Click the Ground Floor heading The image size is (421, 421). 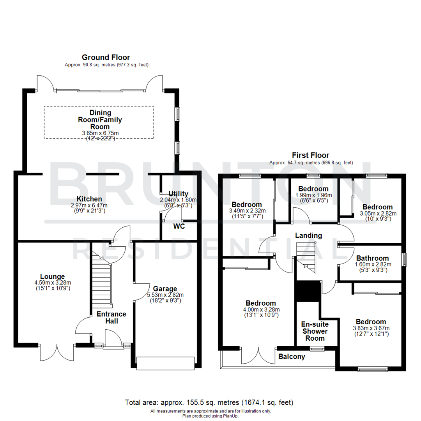106,57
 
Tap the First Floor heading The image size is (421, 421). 311,155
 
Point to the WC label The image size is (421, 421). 179,226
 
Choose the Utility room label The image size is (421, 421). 179,194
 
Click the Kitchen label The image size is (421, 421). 89,199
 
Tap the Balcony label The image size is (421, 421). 292,356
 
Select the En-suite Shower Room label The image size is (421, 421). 315,331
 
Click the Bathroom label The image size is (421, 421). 372,258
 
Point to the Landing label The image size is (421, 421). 308,235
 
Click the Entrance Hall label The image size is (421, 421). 111,317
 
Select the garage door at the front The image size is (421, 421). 165,363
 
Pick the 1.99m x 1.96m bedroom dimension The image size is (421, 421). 313,195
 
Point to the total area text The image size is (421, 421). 209,402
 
